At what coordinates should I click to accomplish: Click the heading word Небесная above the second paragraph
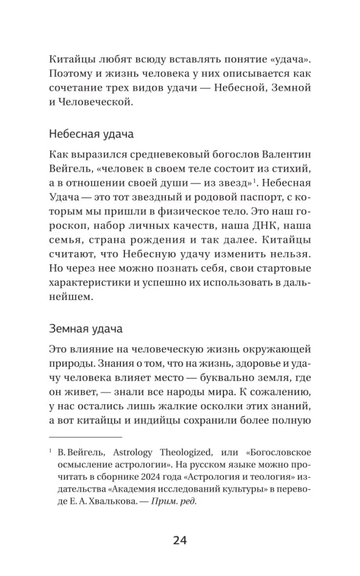[70, 136]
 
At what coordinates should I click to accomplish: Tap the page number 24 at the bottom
[180, 540]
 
